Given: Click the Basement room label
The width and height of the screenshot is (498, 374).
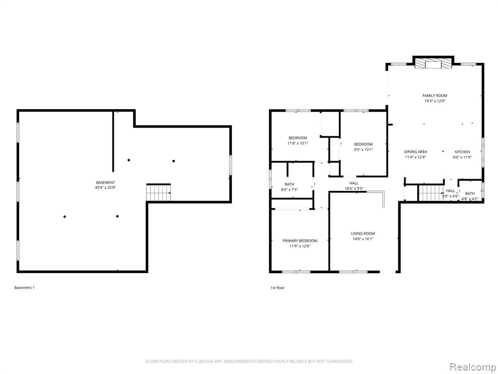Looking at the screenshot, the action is (106, 183).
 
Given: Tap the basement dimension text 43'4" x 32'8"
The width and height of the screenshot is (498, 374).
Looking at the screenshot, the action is (106, 187).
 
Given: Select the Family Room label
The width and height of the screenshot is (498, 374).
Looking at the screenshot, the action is (435, 95).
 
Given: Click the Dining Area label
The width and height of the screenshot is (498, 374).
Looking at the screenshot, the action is (415, 152).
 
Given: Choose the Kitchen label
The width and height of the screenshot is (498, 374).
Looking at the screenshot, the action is (462, 152).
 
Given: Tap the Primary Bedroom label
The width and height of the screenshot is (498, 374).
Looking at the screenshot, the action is (300, 241).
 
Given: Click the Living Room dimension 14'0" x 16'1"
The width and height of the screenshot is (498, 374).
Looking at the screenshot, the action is (363, 239).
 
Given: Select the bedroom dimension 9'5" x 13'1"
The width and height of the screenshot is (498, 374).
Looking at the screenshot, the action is (363, 150).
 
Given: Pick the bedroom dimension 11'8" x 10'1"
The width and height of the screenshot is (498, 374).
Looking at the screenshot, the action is (298, 144).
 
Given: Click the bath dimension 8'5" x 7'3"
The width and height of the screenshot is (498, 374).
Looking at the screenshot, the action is (289, 189).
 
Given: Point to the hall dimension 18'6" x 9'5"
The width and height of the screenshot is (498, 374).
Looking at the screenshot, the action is (354, 188).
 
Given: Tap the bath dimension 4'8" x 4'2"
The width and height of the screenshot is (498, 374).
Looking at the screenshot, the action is (470, 199).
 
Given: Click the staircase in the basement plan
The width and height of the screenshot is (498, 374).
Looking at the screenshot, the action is (159, 192).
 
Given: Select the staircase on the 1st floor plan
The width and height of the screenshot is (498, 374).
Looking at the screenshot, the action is (431, 193).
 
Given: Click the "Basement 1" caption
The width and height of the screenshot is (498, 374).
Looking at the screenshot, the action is (24, 288).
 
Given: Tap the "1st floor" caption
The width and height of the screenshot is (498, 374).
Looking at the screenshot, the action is (278, 288).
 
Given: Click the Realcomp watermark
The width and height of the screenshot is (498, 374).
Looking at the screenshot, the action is (472, 367).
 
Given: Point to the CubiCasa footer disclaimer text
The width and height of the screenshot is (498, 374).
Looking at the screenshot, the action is (249, 361).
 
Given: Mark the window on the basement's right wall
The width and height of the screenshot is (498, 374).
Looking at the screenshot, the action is (230, 165).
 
